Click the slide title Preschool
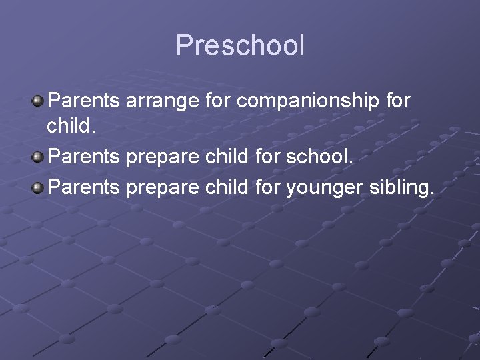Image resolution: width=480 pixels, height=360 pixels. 240,46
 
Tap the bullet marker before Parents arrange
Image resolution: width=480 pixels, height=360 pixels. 39,101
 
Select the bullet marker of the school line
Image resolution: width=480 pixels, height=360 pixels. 39,159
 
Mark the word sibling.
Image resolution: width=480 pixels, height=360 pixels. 402,188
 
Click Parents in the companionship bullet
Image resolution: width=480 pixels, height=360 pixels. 85,101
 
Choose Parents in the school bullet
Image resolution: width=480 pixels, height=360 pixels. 85,159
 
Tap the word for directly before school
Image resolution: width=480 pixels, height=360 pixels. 267,159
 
